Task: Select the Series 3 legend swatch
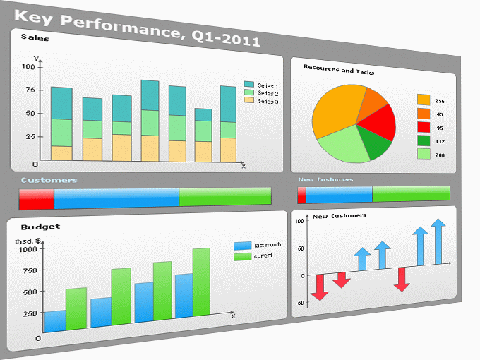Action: click(x=248, y=100)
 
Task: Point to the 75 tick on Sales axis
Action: click(x=29, y=89)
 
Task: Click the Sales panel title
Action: click(x=35, y=37)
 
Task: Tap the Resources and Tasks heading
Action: click(x=339, y=70)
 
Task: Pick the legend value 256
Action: click(x=439, y=101)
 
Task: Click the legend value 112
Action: click(x=439, y=140)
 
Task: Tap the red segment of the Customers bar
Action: click(x=36, y=198)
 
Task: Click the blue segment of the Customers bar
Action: click(x=116, y=198)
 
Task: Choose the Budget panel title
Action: click(x=40, y=227)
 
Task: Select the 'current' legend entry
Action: click(x=263, y=256)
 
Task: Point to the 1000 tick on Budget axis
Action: click(x=26, y=249)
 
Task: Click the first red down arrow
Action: click(x=319, y=287)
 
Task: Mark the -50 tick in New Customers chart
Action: click(x=299, y=302)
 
